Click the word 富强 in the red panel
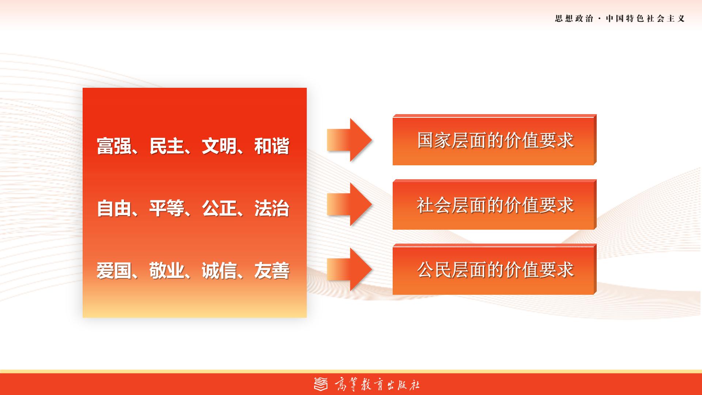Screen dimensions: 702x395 tap(114, 146)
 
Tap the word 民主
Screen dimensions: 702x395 tap(167, 146)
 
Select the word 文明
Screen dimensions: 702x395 tap(219, 146)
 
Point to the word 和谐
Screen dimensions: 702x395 tap(272, 146)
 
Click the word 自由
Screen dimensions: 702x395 tap(114, 208)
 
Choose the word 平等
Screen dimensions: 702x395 tap(167, 208)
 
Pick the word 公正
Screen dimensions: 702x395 tap(219, 208)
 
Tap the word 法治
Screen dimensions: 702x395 tap(272, 208)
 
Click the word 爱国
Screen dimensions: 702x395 tap(114, 271)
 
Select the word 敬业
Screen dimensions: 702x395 tap(167, 271)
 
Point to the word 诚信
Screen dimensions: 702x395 tap(219, 271)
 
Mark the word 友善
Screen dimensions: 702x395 tap(272, 271)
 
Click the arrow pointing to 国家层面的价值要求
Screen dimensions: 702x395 tap(350, 140)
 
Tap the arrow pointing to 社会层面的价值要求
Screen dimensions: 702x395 tap(350, 204)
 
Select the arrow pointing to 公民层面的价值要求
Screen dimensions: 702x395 tap(350, 270)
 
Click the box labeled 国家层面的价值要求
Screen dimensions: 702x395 tap(495, 140)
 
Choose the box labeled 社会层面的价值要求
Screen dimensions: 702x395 tap(495, 204)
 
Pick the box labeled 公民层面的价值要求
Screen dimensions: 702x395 tap(495, 269)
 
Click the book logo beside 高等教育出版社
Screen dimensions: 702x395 tap(321, 384)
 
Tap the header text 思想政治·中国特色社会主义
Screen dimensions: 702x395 tap(620, 19)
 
